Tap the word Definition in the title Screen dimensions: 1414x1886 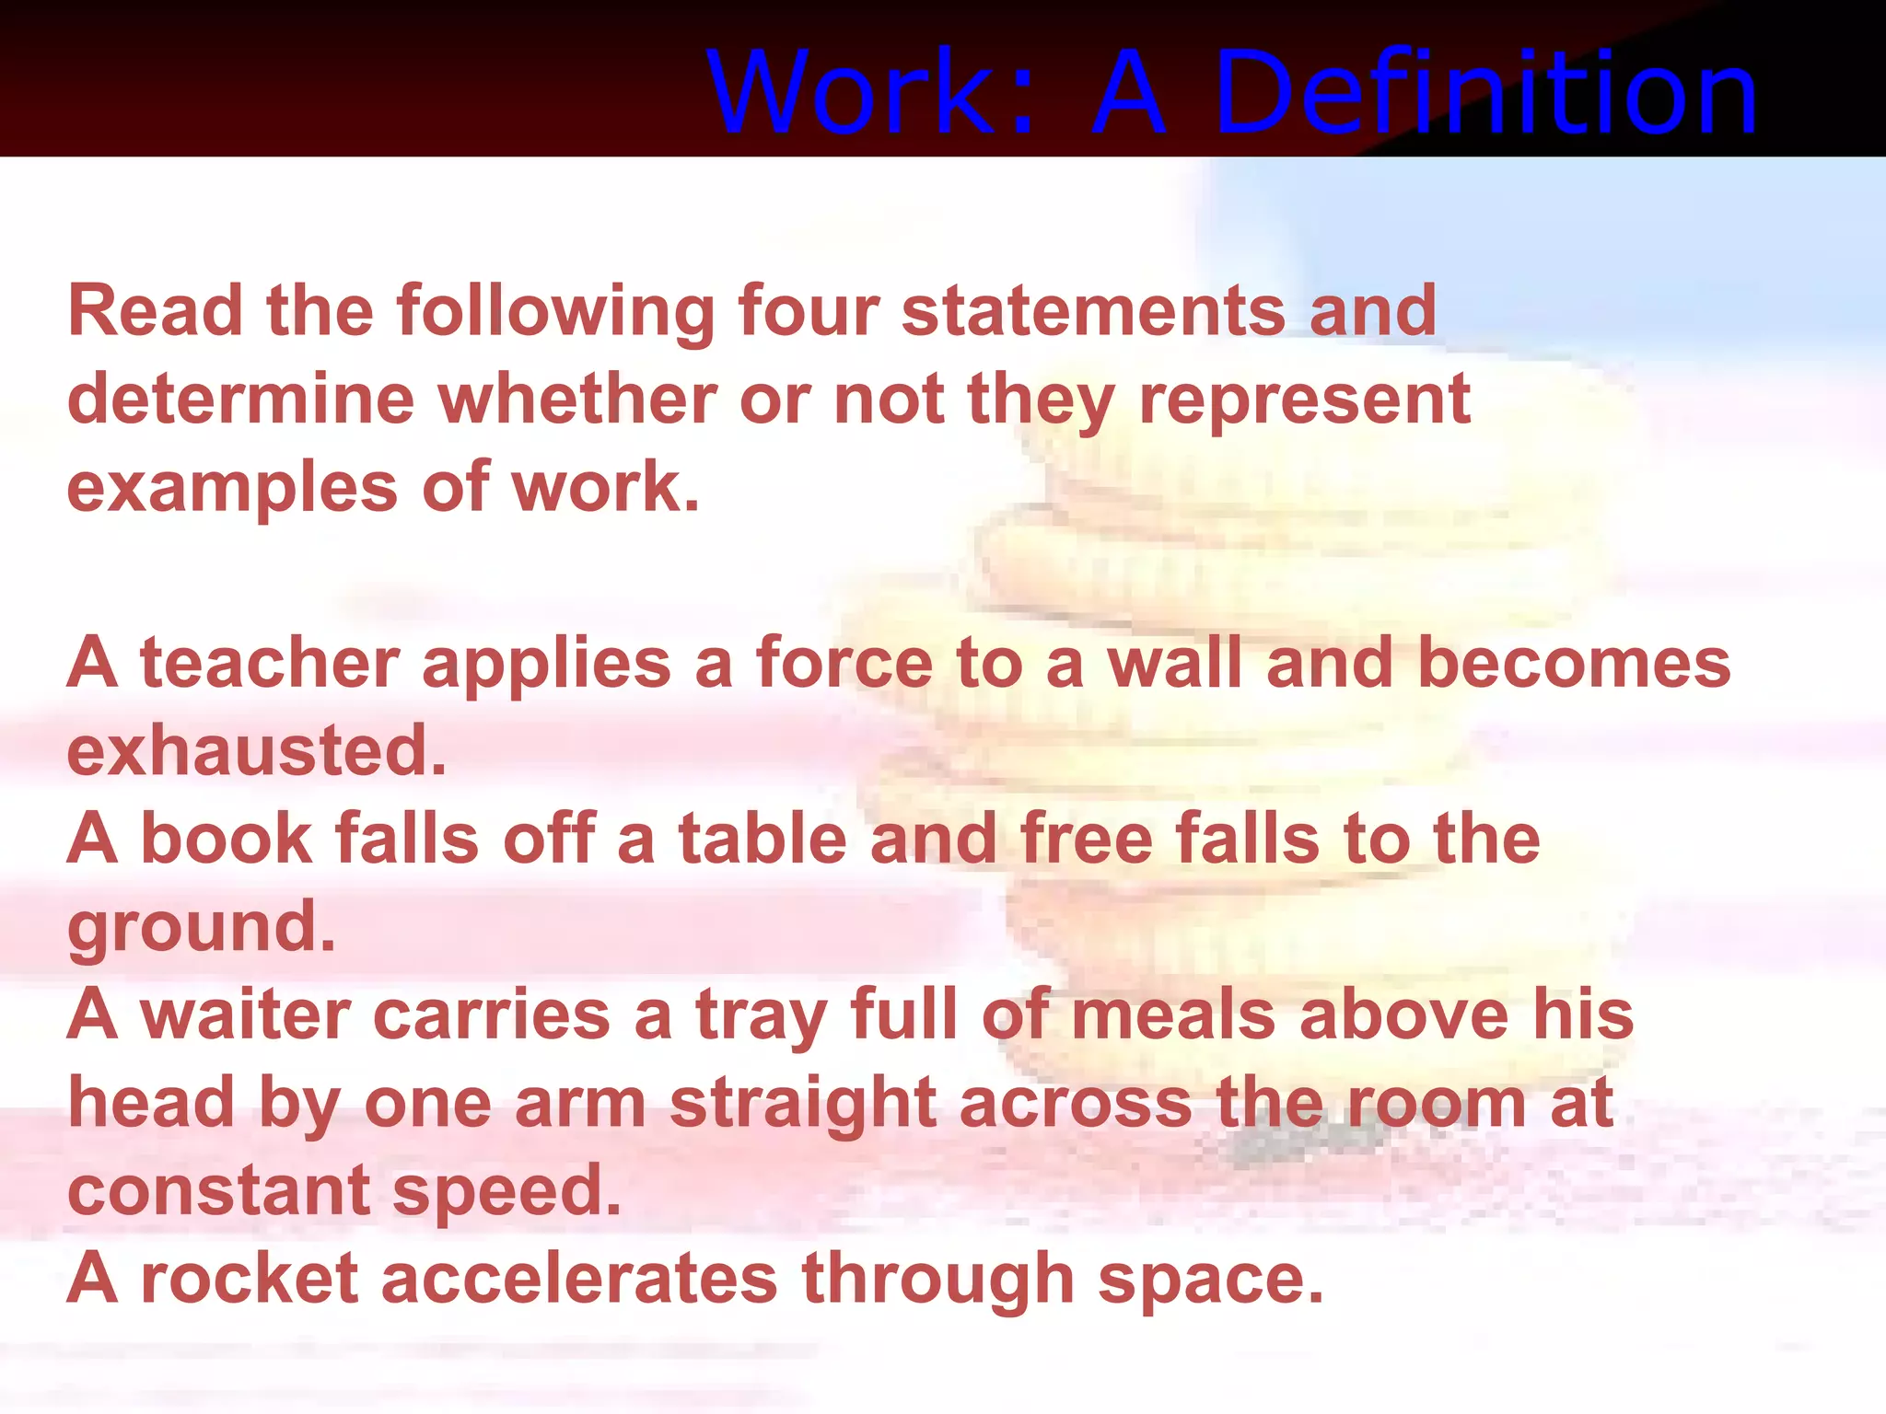pos(1485,92)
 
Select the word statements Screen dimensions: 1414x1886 pos(1093,310)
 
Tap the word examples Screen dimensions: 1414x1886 pos(232,488)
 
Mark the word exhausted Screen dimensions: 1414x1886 pos(256,750)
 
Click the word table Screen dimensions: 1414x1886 pos(763,839)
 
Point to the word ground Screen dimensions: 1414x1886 pos(201,928)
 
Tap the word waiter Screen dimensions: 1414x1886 pos(246,1014)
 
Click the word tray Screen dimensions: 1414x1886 pos(761,1016)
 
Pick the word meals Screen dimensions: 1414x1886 pos(1173,1014)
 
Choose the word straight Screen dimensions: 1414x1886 pos(802,1103)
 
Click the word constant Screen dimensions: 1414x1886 pos(219,1190)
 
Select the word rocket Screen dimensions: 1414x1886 pos(249,1279)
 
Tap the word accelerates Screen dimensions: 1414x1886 pos(579,1279)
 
